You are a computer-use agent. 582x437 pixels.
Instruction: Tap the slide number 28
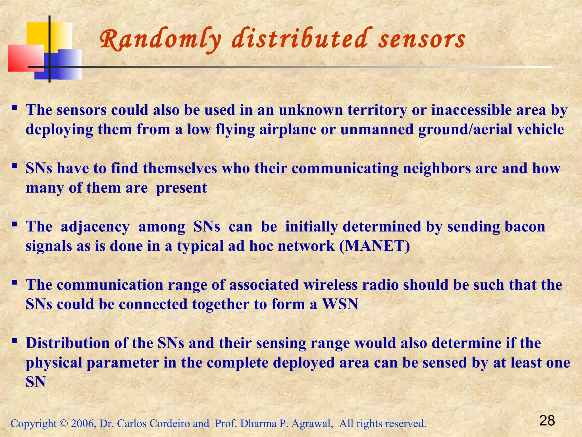tap(547, 421)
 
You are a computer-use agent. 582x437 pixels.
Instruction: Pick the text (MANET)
tap(375, 246)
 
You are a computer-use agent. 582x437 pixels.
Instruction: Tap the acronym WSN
tap(340, 304)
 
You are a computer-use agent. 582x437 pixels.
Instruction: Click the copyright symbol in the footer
tap(63, 424)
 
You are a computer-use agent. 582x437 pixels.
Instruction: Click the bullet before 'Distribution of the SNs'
tap(14, 340)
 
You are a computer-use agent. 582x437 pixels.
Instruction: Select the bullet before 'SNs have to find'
tap(14, 165)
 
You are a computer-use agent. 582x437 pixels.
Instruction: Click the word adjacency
tap(95, 227)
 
